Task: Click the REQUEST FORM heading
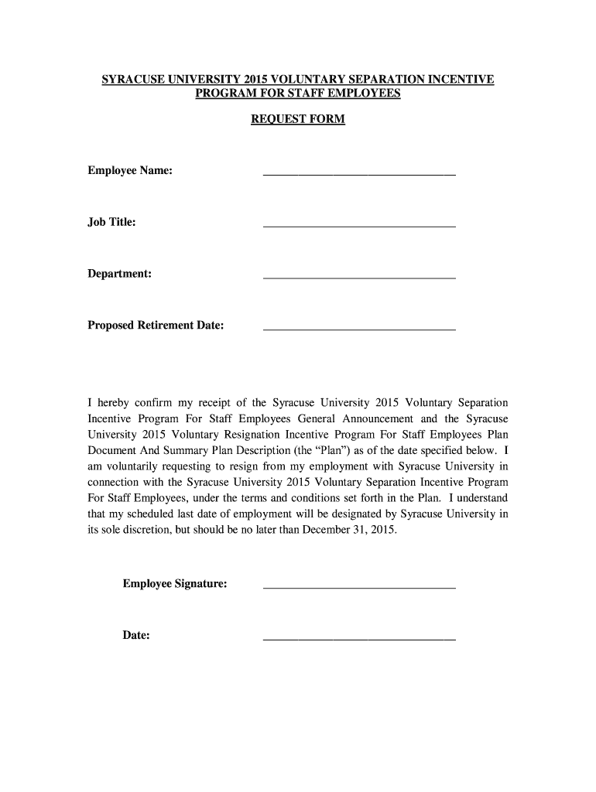coord(298,120)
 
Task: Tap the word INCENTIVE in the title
coord(461,80)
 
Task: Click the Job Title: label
coord(111,222)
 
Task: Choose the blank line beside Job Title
coord(359,225)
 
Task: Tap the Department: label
coord(119,274)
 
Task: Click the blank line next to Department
coord(359,277)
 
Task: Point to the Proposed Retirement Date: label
coord(156,326)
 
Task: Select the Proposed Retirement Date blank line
coord(359,329)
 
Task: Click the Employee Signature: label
coord(174,584)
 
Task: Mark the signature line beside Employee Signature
coord(359,587)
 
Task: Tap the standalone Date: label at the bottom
coord(136,636)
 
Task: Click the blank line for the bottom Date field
coord(359,639)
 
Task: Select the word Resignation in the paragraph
coord(252,434)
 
